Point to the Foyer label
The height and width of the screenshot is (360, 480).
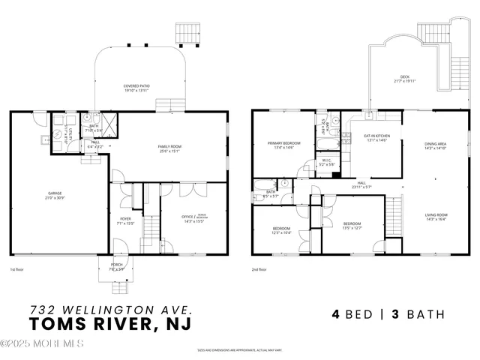click(x=125, y=220)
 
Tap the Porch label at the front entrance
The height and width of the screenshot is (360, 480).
click(x=118, y=266)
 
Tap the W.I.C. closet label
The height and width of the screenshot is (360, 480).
click(x=327, y=161)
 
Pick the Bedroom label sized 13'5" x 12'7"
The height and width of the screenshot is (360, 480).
click(x=352, y=225)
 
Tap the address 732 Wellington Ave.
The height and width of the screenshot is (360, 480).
click(x=111, y=308)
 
